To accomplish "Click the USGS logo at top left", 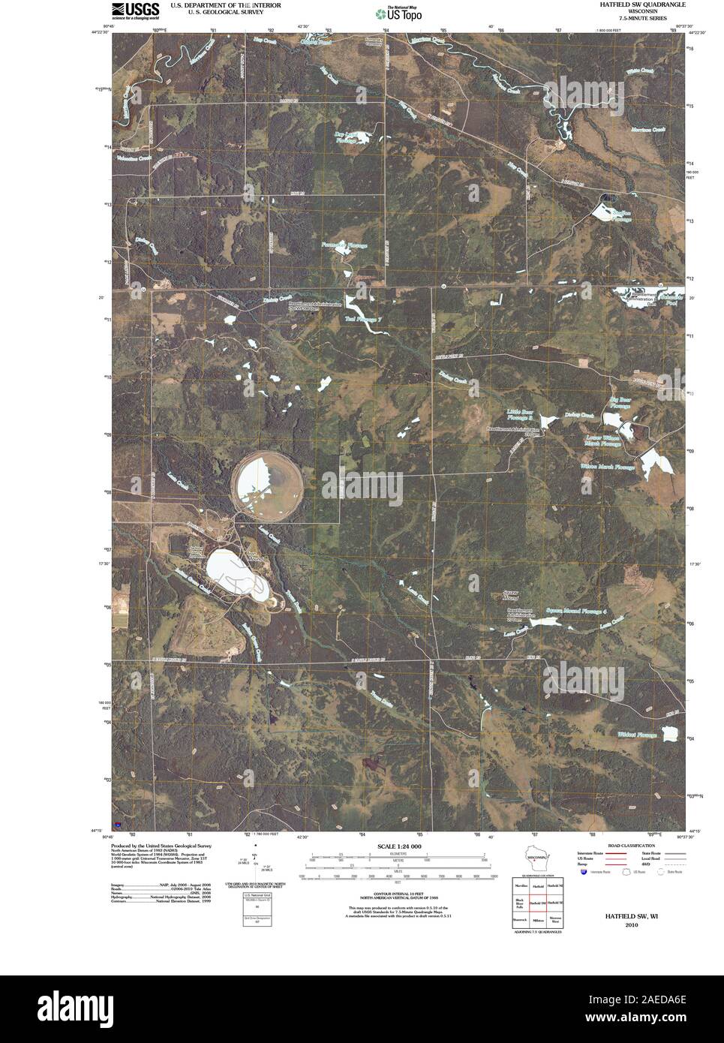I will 135,10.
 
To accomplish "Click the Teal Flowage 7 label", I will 364,320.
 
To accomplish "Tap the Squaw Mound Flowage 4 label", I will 575,611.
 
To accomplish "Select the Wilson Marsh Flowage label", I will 607,466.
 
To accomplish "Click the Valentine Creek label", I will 134,158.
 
